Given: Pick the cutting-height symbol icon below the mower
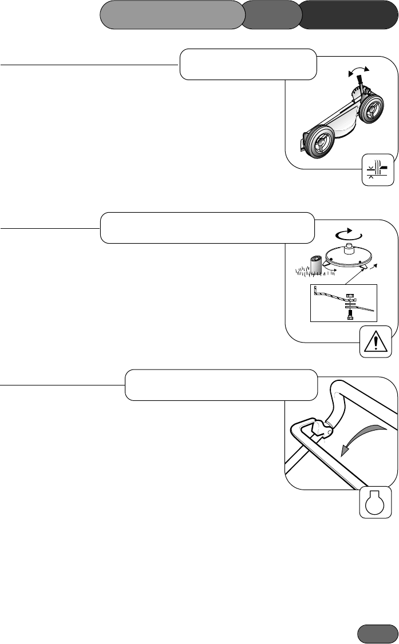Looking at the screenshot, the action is [x=378, y=170].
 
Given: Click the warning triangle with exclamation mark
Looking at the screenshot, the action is [x=376, y=343].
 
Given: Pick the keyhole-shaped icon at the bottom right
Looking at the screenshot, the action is [x=376, y=503].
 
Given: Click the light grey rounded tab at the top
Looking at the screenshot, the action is [x=170, y=14].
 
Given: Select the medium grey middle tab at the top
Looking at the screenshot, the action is [x=271, y=14].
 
